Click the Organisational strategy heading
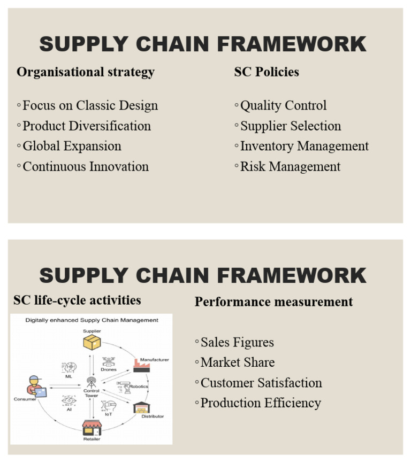(x=86, y=72)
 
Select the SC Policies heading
(x=267, y=72)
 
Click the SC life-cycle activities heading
(x=77, y=300)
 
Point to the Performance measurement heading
(x=273, y=302)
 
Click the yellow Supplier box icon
(x=92, y=343)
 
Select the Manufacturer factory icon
(x=141, y=366)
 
